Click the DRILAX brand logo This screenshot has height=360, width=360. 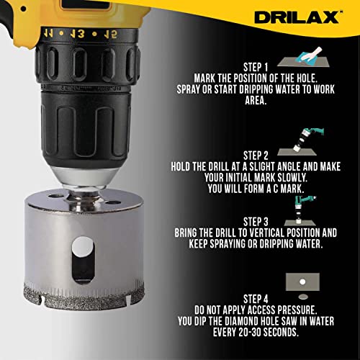point(297,17)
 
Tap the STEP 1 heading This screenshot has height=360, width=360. point(256,68)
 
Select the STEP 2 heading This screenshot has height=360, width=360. point(256,156)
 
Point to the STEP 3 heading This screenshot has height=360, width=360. point(256,222)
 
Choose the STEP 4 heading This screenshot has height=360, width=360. point(256,299)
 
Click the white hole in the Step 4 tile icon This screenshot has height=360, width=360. point(302,282)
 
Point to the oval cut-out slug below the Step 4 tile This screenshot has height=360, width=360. point(303,297)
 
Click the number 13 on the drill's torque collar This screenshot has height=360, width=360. point(77,34)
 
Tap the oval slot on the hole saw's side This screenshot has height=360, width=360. point(83,260)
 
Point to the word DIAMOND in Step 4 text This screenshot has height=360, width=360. point(240,321)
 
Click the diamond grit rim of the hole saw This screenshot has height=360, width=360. point(84,297)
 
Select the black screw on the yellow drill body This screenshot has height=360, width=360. point(23,9)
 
